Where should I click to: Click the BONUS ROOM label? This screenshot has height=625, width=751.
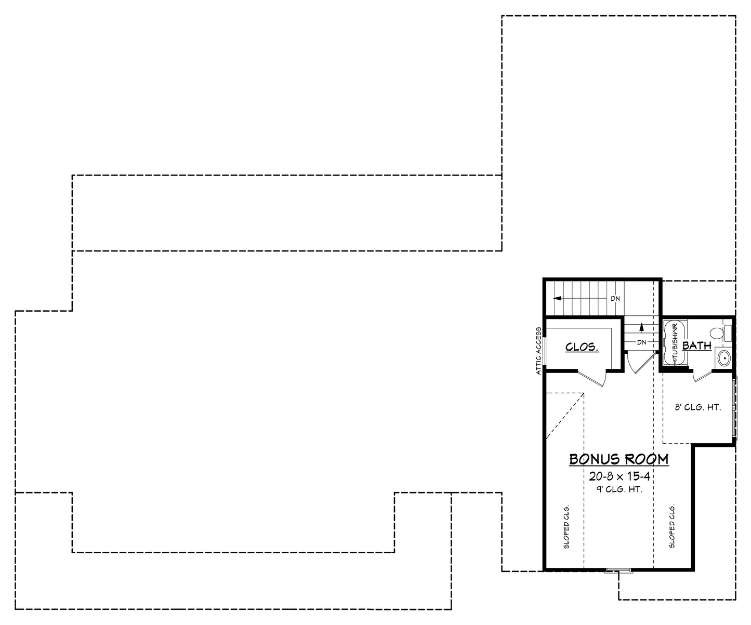pos(619,459)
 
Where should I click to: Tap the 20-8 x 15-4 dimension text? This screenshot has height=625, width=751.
pos(620,475)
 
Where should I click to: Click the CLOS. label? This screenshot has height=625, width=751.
pos(582,347)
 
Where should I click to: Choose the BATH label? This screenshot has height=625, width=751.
pos(696,345)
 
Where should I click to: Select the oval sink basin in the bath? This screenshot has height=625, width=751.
pos(723,357)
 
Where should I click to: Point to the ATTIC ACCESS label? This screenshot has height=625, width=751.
pos(539,351)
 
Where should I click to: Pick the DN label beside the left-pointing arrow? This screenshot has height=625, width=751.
pos(615,299)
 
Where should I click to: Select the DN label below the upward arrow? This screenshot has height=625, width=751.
pos(641,342)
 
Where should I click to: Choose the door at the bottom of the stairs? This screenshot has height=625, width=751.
pos(638,363)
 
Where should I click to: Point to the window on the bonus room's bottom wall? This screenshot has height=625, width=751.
pos(618,571)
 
